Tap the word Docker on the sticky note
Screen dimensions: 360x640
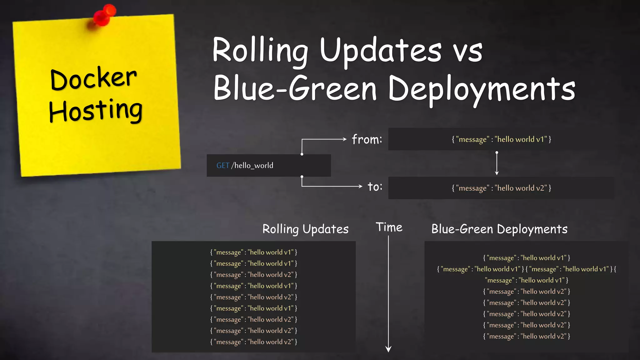[93, 78]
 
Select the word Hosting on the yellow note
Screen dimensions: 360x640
[96, 111]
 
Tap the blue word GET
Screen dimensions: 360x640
[222, 166]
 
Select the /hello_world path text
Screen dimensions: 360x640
[252, 166]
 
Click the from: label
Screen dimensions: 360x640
[367, 139]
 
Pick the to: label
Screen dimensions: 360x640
[375, 187]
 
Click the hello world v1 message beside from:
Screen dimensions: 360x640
[501, 139]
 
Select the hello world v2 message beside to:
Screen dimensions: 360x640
[501, 188]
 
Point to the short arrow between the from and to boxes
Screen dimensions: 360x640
[497, 163]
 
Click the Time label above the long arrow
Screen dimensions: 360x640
[389, 227]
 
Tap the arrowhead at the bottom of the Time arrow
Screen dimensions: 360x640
[388, 349]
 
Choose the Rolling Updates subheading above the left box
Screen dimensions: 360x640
[305, 229]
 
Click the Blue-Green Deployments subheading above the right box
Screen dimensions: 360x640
[499, 229]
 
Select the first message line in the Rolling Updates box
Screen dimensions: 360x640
[253, 252]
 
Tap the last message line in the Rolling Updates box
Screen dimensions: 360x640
[253, 342]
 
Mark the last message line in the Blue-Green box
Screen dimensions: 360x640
[527, 336]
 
